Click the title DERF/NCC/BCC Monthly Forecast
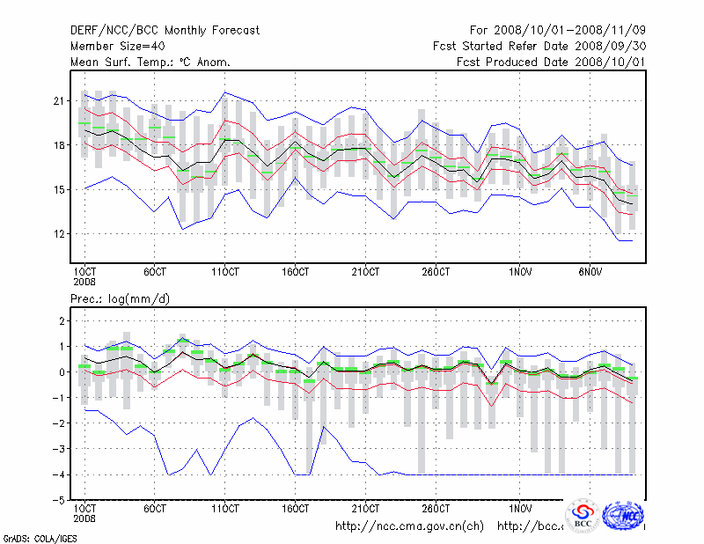[165, 31]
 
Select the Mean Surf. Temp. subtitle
[150, 62]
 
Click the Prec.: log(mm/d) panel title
[121, 299]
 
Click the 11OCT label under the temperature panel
[225, 271]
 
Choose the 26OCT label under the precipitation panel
[436, 509]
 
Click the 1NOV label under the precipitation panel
[522, 509]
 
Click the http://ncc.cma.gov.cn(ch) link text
[409, 526]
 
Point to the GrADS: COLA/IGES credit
[28, 537]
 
